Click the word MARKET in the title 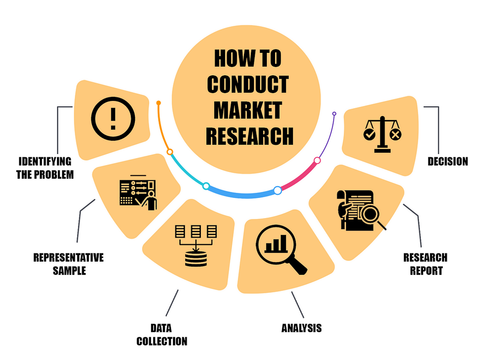click(247, 110)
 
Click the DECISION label click(448, 162)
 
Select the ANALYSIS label click(302, 328)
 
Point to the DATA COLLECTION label click(161, 335)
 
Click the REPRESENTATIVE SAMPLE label click(69, 263)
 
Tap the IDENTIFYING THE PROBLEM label click(45, 168)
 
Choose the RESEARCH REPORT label click(425, 263)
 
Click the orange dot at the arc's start click(159, 103)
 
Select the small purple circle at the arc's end click(334, 114)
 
